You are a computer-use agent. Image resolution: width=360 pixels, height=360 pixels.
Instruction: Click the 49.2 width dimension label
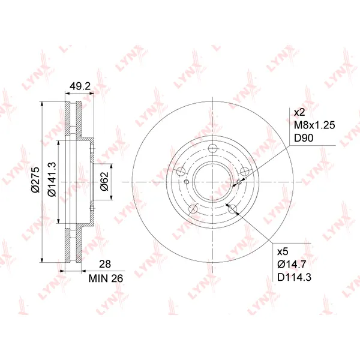point(80,86)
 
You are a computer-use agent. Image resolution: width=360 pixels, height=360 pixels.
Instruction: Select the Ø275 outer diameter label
point(35,179)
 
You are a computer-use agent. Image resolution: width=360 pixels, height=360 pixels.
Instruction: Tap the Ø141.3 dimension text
point(52,179)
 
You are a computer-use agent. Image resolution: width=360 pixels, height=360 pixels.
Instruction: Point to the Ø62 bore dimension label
point(104,181)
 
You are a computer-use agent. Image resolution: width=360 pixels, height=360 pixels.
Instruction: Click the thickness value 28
point(105,264)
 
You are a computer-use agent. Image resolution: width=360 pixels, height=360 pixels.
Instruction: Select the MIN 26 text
point(106,278)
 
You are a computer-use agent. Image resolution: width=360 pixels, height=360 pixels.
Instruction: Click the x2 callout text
point(299,113)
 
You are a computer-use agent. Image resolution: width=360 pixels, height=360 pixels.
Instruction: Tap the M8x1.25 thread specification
point(314,125)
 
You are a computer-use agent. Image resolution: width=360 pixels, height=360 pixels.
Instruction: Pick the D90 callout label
point(304,138)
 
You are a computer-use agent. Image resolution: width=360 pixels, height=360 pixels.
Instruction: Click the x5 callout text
point(283,251)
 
